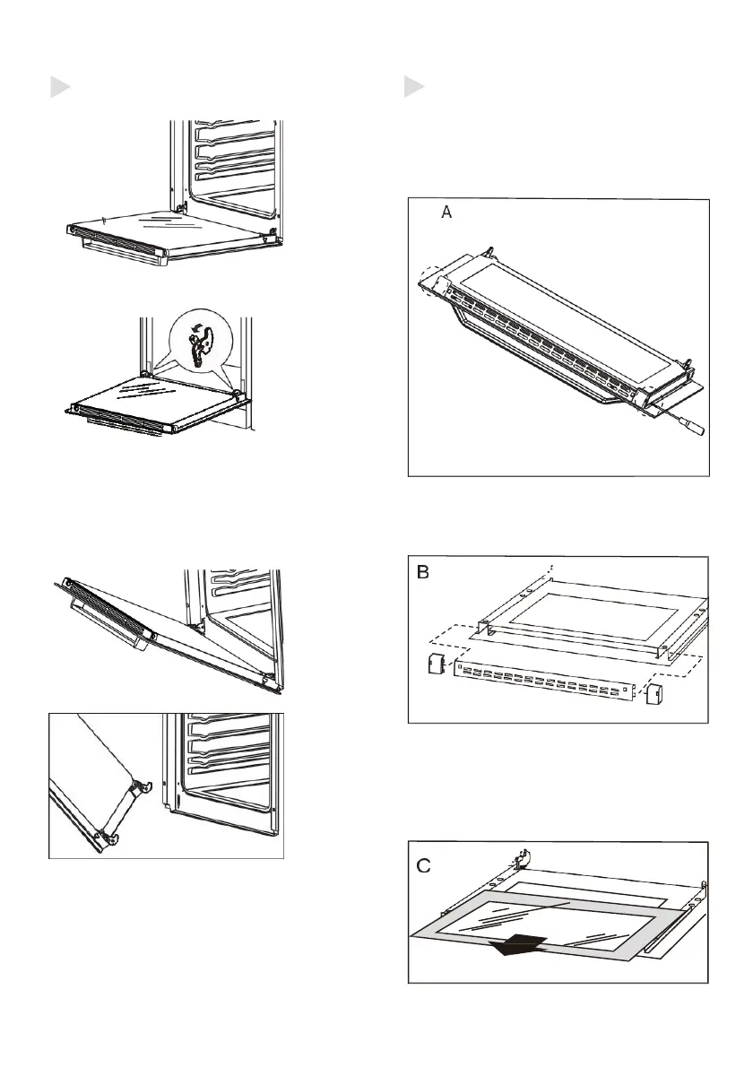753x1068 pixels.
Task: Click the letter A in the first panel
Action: [446, 213]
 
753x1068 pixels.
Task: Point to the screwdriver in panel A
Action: [686, 421]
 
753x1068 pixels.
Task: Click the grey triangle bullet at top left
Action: [58, 87]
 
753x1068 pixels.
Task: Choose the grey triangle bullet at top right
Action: [413, 87]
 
